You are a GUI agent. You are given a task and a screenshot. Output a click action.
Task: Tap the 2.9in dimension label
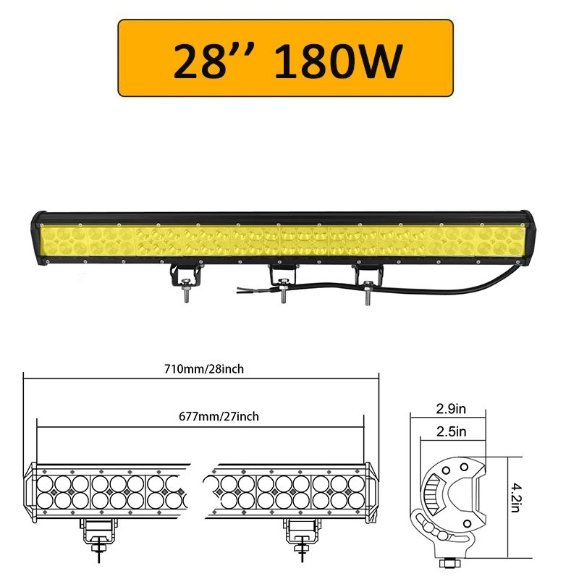(451, 410)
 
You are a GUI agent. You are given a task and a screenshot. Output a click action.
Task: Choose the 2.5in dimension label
(451, 432)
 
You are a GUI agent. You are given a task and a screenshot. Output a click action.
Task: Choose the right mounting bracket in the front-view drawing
(297, 531)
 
